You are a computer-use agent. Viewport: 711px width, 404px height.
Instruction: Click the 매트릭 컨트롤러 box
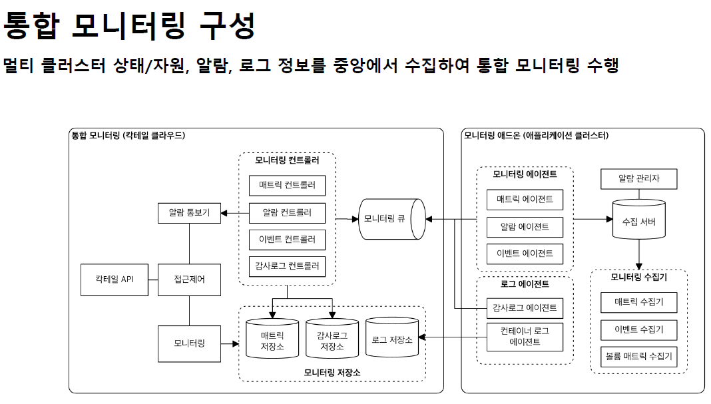(x=287, y=185)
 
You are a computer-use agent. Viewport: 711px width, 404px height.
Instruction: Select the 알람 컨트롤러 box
(x=287, y=213)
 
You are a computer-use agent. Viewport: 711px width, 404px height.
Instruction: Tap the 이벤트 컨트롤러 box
(x=287, y=240)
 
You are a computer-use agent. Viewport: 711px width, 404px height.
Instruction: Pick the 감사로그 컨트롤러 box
(x=287, y=266)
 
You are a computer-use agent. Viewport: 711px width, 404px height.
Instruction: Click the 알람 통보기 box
(x=189, y=213)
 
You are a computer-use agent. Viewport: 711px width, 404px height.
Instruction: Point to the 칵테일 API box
(x=114, y=280)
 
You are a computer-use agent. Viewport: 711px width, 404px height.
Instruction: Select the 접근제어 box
(x=189, y=280)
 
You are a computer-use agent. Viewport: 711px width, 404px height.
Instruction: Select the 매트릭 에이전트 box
(x=525, y=199)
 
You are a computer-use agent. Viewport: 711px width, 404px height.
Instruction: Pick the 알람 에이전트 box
(x=525, y=226)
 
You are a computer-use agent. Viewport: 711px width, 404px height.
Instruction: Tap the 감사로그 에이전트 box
(x=525, y=308)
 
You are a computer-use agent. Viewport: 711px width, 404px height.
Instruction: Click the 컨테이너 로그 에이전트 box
(x=525, y=337)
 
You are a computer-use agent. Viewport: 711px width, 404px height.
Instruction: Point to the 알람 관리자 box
(x=639, y=178)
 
